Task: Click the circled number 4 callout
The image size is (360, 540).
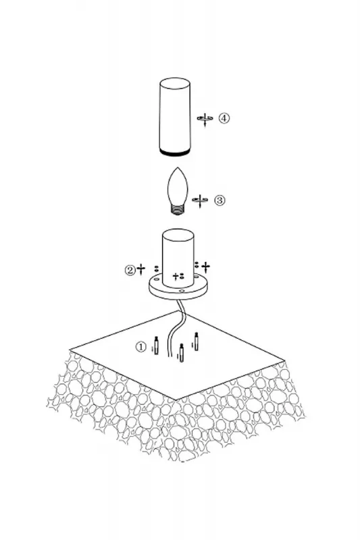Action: tap(224, 118)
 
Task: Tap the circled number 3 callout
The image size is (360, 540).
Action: tap(220, 200)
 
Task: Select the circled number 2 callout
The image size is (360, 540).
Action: tap(130, 269)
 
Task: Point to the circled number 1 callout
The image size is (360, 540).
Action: tap(141, 347)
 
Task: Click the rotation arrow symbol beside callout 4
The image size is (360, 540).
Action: tap(205, 119)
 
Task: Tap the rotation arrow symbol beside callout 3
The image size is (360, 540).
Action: tap(200, 200)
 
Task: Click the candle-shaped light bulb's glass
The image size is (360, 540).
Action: tap(177, 186)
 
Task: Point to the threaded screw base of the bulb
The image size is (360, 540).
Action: tap(178, 210)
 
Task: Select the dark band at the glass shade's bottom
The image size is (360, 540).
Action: tap(175, 153)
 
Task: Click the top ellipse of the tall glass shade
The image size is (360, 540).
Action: tap(175, 84)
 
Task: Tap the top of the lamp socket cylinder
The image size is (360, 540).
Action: tap(178, 235)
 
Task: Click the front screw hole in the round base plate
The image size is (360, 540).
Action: tap(182, 291)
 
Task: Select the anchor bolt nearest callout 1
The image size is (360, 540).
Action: tap(157, 346)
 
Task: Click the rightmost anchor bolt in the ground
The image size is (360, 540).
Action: tap(197, 342)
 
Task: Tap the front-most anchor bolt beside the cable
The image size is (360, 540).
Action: tap(182, 352)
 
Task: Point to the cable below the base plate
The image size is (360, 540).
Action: tap(174, 327)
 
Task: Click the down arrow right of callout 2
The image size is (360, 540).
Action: tap(141, 269)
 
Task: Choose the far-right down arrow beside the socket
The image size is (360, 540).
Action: tap(205, 267)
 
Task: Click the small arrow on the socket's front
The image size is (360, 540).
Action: tap(176, 276)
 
